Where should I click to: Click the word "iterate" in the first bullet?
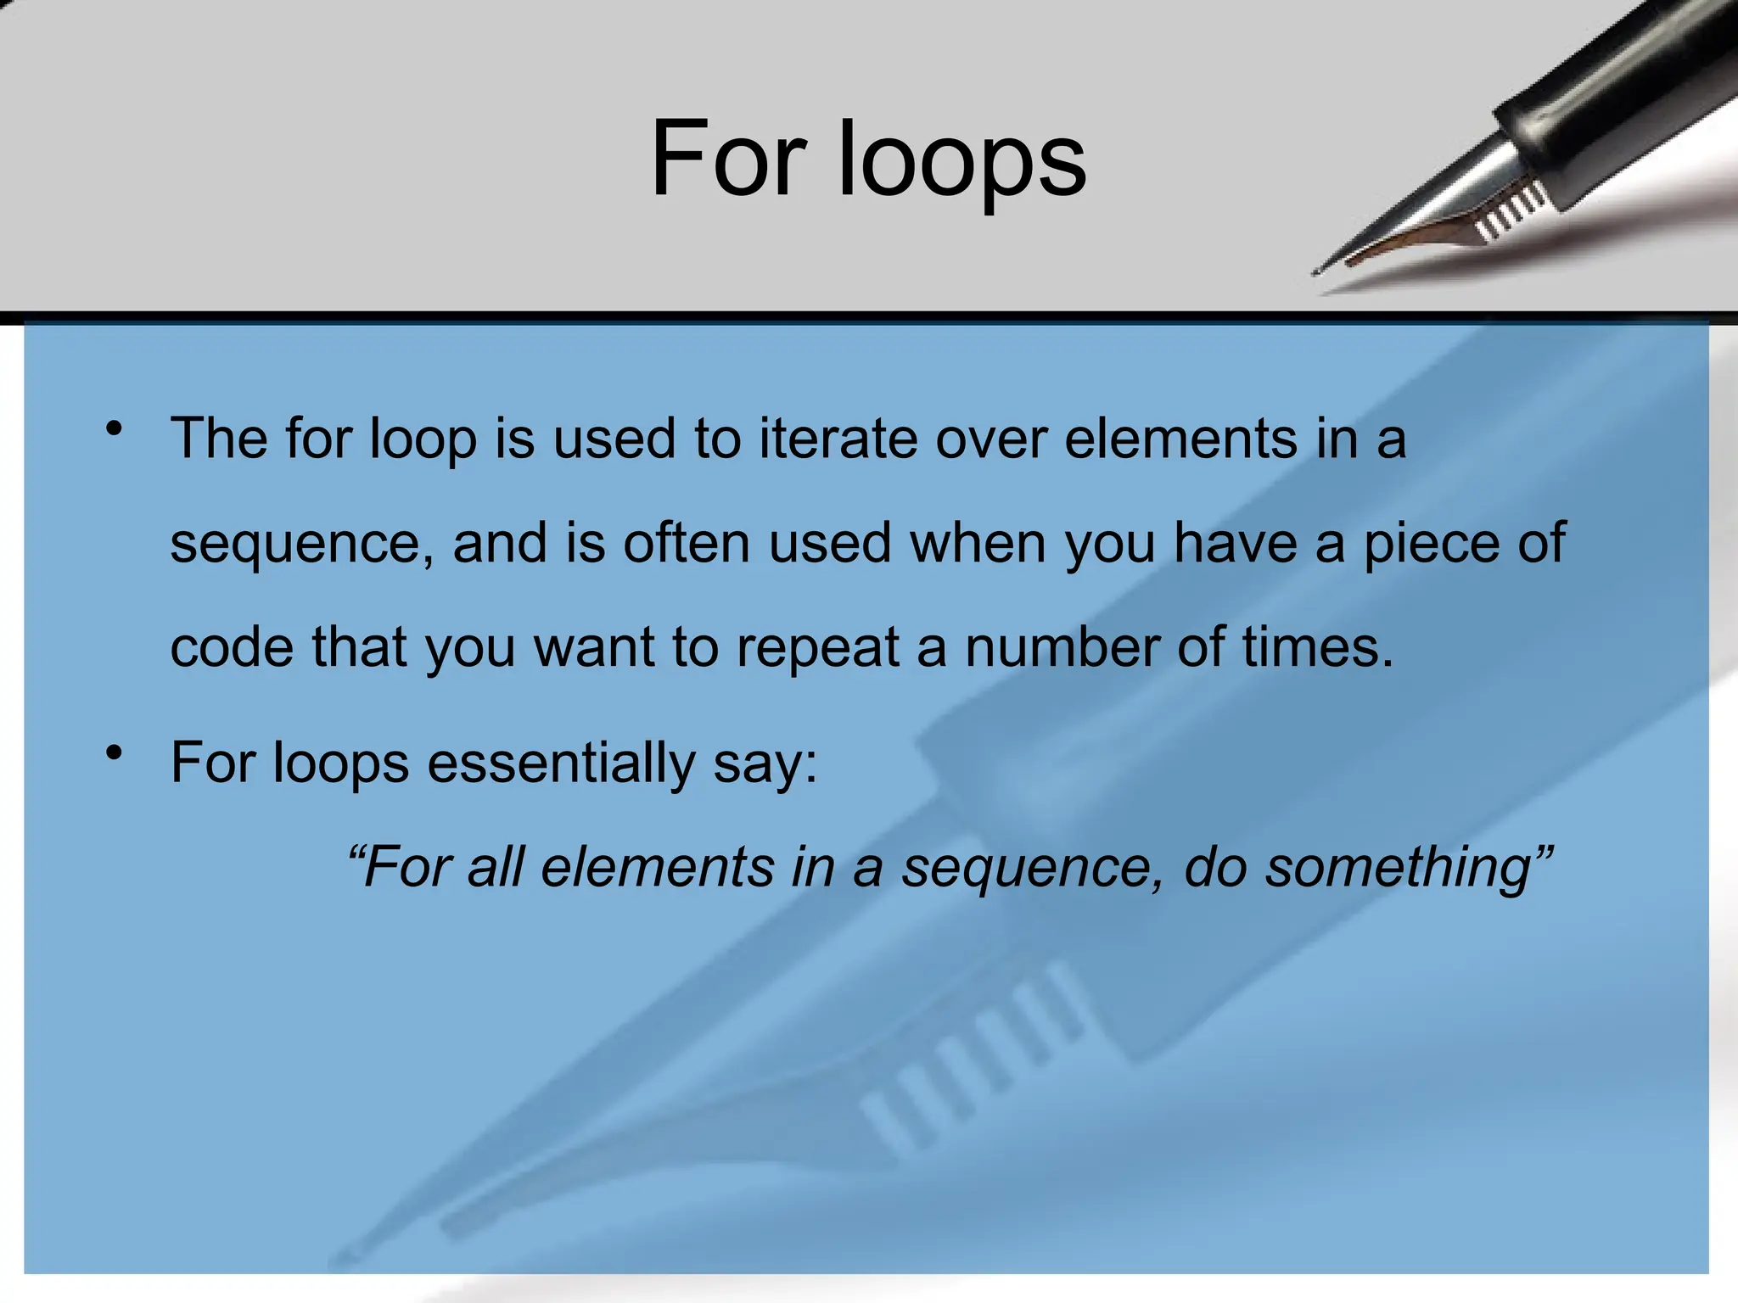tap(837, 439)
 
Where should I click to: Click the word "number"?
tap(1061, 646)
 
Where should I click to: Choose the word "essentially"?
tap(561, 763)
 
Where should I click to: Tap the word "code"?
tap(231, 646)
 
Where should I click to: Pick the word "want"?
tap(592, 648)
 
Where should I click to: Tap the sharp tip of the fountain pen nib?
tap(1316, 271)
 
